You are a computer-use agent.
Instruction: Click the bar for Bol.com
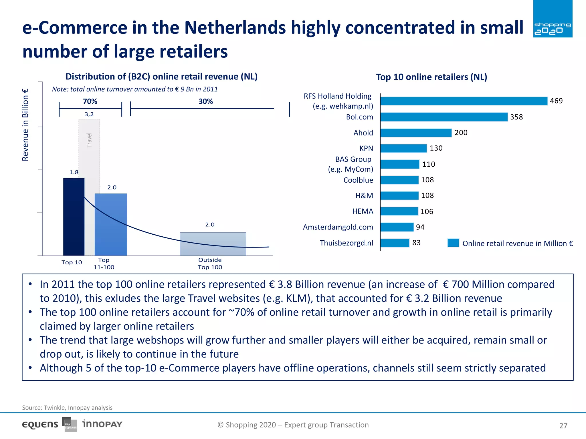pos(444,117)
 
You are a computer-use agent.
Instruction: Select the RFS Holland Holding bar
pos(464,101)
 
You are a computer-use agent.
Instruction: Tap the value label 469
pos(556,101)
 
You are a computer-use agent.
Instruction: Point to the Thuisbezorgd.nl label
pos(346,243)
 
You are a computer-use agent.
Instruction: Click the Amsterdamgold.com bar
pos(397,227)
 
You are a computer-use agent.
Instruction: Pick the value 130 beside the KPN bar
pos(436,148)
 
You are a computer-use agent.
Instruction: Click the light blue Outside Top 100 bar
pos(213,244)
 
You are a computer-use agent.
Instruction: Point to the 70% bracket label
pos(90,101)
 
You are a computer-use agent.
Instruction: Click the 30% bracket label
pos(205,101)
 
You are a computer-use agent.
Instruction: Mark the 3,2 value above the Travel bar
pos(89,114)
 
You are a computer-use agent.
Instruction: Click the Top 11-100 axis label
pos(104,264)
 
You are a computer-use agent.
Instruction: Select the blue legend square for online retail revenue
pos(453,243)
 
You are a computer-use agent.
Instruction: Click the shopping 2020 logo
pos(553,19)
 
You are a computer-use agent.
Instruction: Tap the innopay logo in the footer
pos(102,424)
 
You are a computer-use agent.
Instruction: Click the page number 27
pos(563,426)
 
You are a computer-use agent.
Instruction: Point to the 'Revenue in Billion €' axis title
pos(25,125)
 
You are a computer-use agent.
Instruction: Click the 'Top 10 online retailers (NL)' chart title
pos(431,77)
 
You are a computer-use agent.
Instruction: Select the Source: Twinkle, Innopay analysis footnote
pos(67,408)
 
